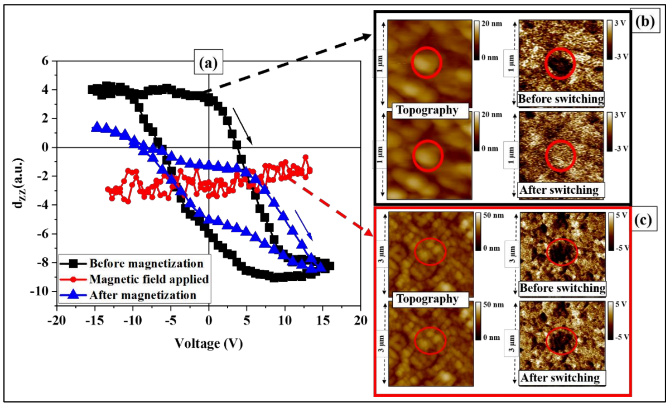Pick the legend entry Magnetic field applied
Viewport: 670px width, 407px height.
pyautogui.click(x=148, y=279)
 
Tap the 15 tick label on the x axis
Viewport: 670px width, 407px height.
pyautogui.click(x=322, y=322)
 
